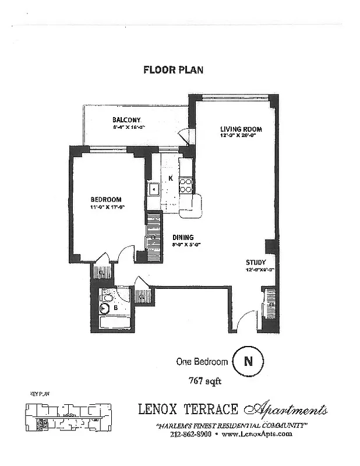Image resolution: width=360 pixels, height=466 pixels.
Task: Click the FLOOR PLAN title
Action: [173, 70]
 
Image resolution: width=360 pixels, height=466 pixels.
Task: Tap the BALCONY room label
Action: [127, 121]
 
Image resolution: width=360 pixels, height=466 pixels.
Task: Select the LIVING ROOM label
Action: [240, 129]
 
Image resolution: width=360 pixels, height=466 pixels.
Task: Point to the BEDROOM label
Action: [107, 199]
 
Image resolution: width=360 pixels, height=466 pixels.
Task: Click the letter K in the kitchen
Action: [171, 178]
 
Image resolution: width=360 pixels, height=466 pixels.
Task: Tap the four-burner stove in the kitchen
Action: [186, 185]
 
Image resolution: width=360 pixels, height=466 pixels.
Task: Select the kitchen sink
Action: [154, 189]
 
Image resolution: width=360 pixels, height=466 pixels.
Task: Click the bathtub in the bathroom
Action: [112, 322]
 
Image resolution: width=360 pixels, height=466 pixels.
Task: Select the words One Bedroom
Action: [202, 362]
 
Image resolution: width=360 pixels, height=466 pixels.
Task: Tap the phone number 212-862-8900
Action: [192, 434]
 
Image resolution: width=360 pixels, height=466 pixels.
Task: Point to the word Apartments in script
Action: [290, 410]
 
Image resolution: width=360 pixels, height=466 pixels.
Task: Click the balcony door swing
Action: [184, 136]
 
